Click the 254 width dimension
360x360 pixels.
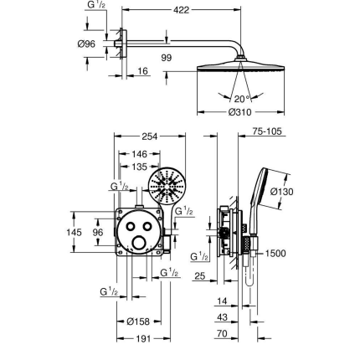pyautogui.click(x=150, y=135)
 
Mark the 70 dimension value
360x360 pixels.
pyautogui.click(x=223, y=333)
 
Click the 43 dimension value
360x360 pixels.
pyautogui.click(x=223, y=317)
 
